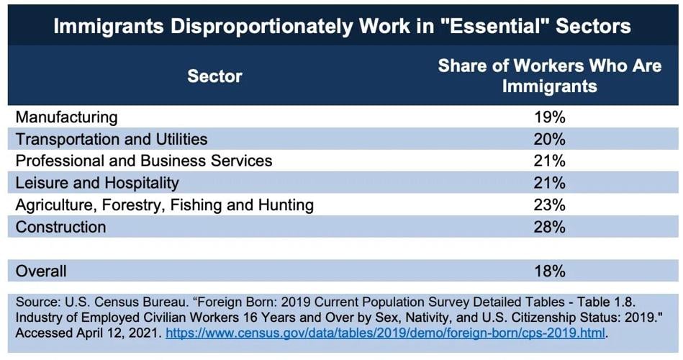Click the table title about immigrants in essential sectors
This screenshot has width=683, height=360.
coord(342,27)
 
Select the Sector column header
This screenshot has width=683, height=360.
coord(214,76)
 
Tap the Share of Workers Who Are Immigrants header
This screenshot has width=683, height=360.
coord(549,76)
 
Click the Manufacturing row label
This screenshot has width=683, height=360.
coord(66,117)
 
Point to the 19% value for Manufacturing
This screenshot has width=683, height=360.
coord(550,117)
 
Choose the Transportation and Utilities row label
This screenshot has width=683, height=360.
coord(112,139)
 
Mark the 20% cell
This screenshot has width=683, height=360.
coord(550,139)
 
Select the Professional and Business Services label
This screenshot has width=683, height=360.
coord(144,161)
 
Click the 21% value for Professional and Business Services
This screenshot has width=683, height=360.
coord(550,161)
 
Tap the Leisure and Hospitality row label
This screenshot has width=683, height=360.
coord(97,183)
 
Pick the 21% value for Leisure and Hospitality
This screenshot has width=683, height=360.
coord(550,183)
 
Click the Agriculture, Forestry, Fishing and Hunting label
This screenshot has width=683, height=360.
coord(165,205)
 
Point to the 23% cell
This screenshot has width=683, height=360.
coord(550,205)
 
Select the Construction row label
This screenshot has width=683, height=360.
coord(60,228)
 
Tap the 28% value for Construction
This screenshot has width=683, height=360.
coord(550,228)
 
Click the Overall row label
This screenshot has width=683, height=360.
coord(41,271)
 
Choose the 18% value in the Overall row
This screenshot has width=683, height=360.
coord(550,271)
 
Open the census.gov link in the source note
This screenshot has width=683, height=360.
coord(386,333)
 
